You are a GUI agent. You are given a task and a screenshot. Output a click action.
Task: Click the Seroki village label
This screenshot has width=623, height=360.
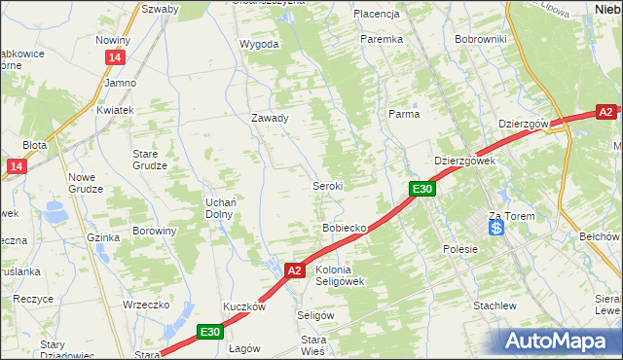(326, 185)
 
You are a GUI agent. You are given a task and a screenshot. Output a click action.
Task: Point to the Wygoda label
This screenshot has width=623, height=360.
(259, 44)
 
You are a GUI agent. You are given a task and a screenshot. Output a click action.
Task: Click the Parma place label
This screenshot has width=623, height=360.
(404, 114)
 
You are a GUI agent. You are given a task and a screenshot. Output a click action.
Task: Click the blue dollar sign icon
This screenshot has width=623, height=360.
(496, 228)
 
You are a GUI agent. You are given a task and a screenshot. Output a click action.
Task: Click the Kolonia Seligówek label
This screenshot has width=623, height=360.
(340, 275)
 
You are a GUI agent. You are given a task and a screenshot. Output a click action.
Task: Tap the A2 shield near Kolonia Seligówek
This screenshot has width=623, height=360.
(296, 270)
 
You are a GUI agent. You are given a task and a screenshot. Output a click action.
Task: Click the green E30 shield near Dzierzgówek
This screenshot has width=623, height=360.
(421, 189)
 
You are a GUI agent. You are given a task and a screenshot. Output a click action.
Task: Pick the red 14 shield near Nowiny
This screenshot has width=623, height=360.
(116, 58)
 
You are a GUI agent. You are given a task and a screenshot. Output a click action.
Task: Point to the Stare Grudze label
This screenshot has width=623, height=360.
(152, 160)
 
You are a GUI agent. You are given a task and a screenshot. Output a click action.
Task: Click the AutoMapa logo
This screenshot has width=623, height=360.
(560, 340)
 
